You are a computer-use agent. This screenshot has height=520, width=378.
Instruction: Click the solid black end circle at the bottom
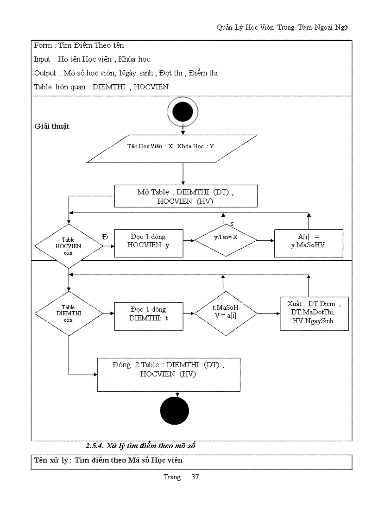pos(175,411)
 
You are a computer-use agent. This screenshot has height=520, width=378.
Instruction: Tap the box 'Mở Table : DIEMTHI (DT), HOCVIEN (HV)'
pos(186,196)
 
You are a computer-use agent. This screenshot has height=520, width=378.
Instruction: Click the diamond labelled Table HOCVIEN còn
pos(68,246)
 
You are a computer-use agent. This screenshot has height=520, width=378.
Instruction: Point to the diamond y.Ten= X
pos(225,240)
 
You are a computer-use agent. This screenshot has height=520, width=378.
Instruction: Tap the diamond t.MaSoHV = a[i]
pos(225,313)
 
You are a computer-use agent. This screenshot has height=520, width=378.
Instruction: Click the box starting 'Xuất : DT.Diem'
pos(314,313)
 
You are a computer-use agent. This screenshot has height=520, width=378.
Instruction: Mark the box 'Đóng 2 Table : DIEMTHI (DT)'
pos(169,374)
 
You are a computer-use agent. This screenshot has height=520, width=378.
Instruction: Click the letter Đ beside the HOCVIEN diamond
pos(106,237)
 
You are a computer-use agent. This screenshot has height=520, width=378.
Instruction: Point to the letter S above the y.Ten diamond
pos(232,225)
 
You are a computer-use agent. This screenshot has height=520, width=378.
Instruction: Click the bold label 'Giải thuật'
pos(52,126)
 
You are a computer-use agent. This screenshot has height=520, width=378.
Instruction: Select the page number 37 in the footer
pos(195,477)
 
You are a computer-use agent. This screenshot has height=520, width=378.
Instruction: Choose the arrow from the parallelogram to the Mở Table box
pos(183,174)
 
